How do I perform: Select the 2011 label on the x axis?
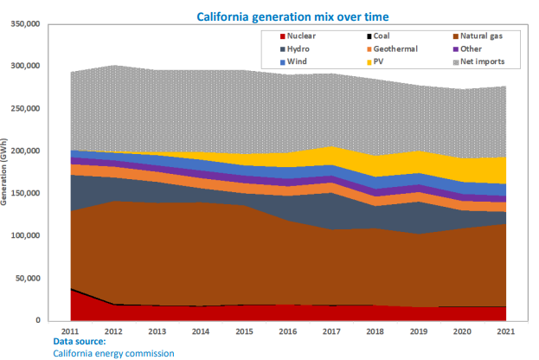[x=71, y=331]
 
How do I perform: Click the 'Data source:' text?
[x=79, y=342]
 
